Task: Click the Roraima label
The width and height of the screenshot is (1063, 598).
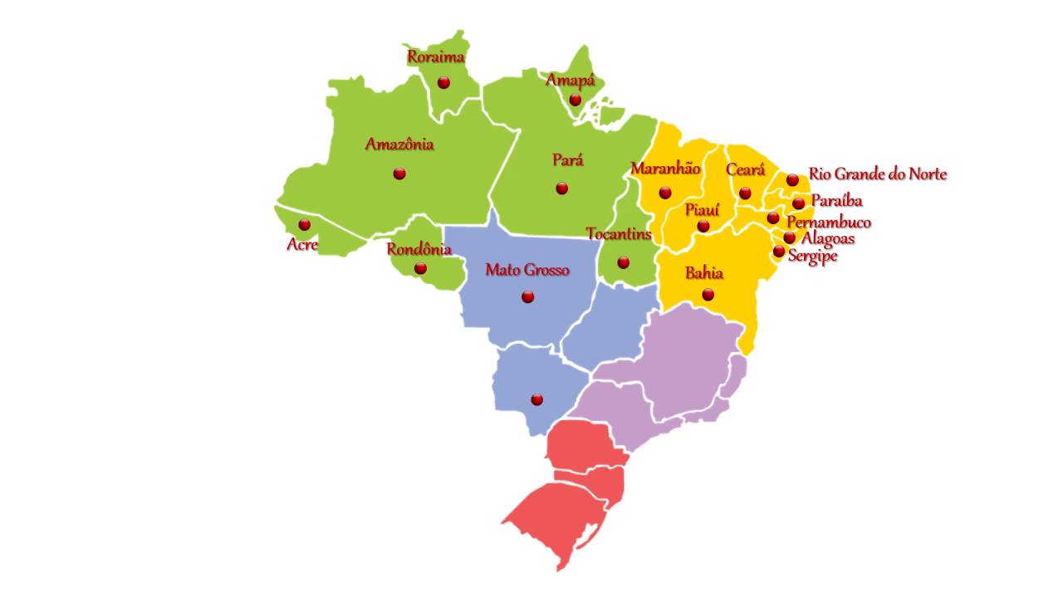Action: (435, 57)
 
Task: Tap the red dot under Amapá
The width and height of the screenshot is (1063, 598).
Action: (575, 100)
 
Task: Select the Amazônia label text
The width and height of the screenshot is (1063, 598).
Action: (399, 145)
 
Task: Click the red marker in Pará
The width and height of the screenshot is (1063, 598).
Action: (562, 189)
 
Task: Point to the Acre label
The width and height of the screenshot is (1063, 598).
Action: (301, 244)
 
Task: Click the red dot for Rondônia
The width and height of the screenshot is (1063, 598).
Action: (420, 268)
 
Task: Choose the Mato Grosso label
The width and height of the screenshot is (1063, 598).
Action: (527, 270)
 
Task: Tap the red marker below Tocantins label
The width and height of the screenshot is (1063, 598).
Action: (623, 263)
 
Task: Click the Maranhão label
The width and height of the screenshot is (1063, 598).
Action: (665, 169)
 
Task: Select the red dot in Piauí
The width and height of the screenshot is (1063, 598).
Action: (703, 226)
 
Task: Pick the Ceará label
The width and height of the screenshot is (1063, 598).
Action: (745, 170)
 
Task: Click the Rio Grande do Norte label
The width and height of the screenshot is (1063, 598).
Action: (877, 174)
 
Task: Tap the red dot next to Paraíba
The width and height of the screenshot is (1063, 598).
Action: (798, 203)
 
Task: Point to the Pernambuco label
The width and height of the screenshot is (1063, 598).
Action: (828, 223)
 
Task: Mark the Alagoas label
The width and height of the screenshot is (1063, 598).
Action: (827, 239)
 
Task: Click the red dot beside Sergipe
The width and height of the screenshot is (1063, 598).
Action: (779, 252)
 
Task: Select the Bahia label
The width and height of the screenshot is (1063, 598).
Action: (703, 273)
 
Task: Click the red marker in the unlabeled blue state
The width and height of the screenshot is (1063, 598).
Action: (537, 399)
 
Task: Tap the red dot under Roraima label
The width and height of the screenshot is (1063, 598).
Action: (443, 83)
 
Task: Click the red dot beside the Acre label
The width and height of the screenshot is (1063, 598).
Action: (305, 224)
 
